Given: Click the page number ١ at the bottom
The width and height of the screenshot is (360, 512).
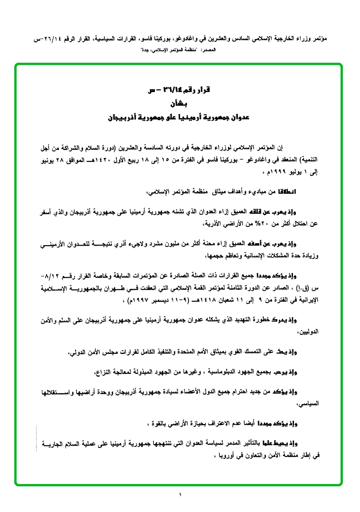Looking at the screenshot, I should click(x=180, y=496).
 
